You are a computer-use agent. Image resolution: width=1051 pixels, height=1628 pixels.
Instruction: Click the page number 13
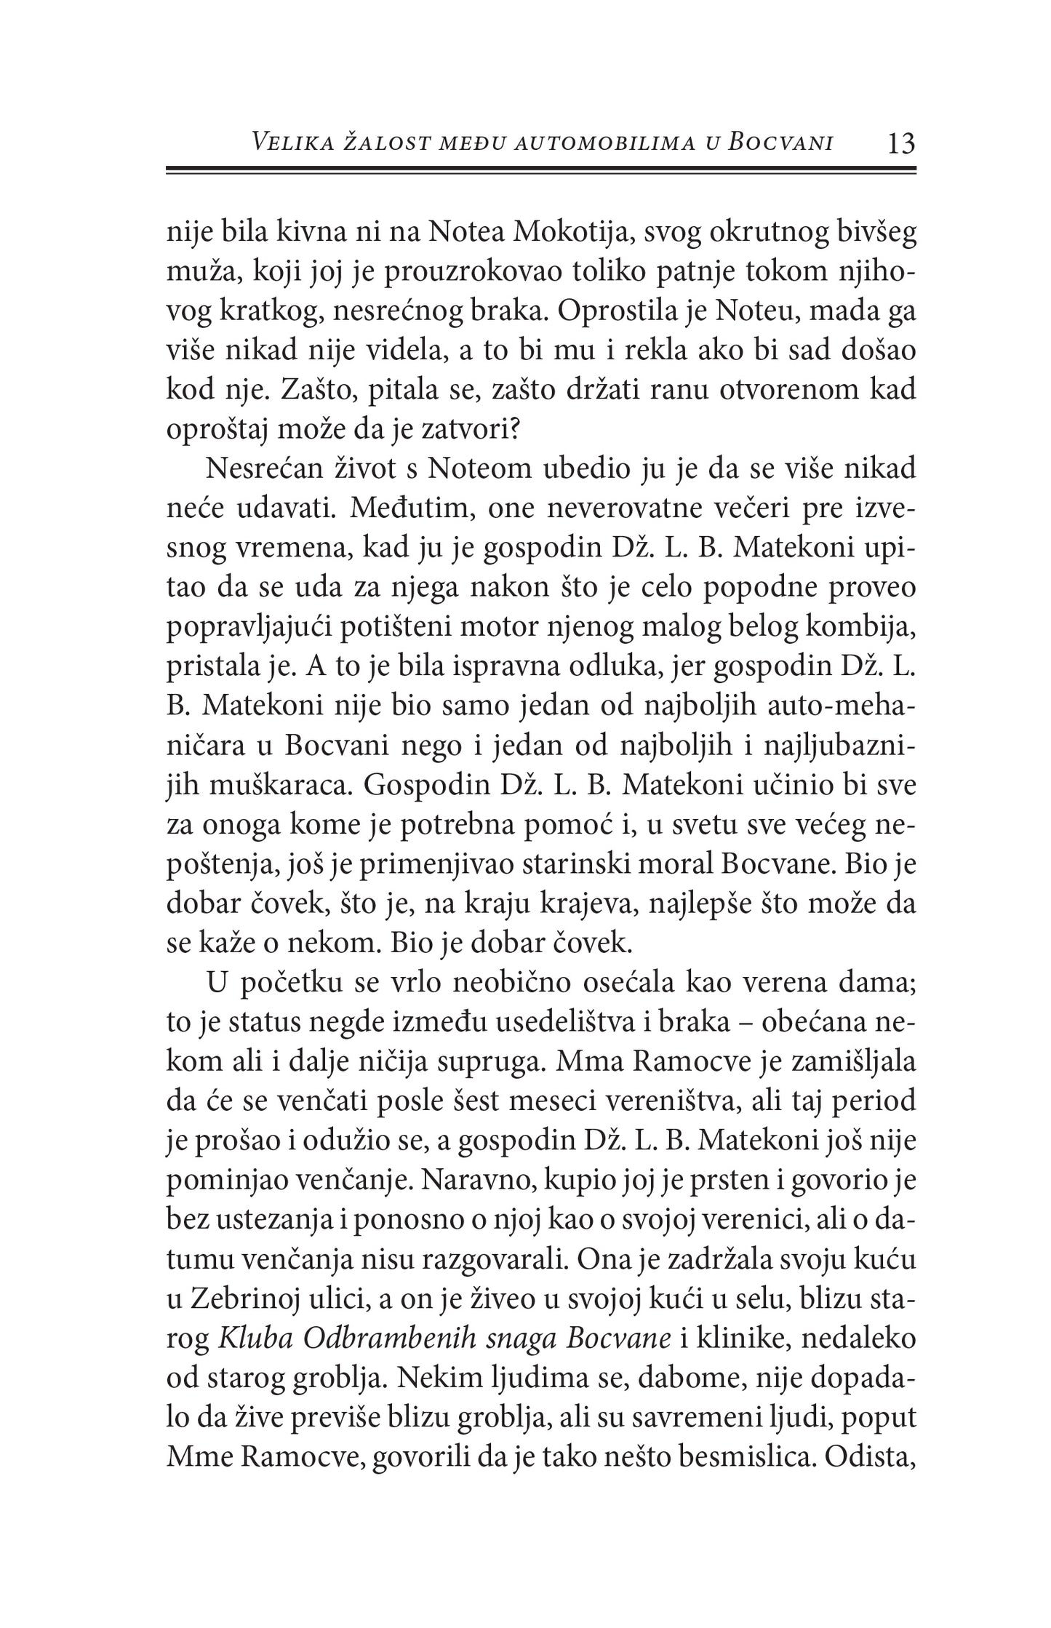pos(900,143)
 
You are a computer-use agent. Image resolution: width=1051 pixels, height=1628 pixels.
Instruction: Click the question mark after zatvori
pos(518,430)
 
